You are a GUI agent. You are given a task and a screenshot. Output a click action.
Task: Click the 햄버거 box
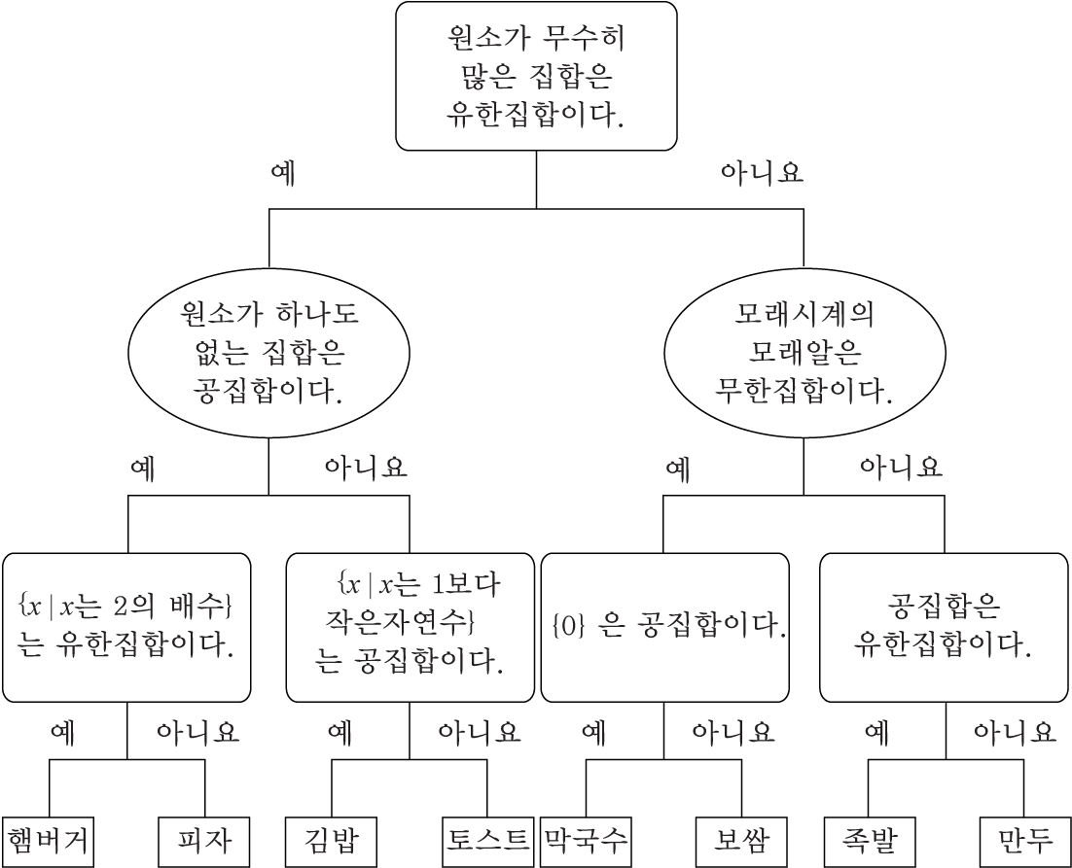coord(49,841)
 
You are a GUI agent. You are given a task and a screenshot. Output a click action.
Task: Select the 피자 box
coord(203,841)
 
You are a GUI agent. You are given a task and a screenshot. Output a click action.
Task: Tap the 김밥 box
coord(331,841)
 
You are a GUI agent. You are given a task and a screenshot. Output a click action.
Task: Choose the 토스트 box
coord(487,841)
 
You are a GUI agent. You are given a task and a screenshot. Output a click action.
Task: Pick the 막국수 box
coord(586,841)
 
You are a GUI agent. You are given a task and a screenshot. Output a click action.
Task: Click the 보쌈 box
coord(741,841)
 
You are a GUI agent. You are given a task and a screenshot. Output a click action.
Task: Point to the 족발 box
coord(869,841)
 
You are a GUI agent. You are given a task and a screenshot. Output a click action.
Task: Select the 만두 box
coord(1024,841)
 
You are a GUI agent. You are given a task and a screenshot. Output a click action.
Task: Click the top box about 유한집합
coord(536,76)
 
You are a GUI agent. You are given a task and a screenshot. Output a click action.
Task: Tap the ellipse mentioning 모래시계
coord(804,353)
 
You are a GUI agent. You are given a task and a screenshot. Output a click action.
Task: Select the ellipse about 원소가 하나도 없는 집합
coord(268,353)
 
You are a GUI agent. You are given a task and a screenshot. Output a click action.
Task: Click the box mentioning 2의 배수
coord(126,627)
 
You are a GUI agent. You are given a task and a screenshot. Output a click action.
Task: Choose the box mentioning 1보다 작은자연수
coord(410,627)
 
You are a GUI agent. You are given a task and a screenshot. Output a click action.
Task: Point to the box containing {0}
coord(664,627)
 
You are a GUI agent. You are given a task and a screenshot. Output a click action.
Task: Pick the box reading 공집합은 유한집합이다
coord(944,627)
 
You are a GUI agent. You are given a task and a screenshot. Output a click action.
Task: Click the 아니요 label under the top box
coord(762,174)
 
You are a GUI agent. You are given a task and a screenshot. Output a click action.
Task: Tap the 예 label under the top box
coord(282,174)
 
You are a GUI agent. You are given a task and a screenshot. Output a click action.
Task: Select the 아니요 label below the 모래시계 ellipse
coord(901,469)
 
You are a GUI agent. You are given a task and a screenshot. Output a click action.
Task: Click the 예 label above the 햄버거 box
coord(62,732)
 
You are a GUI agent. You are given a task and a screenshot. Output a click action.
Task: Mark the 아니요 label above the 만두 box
coord(1015,732)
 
